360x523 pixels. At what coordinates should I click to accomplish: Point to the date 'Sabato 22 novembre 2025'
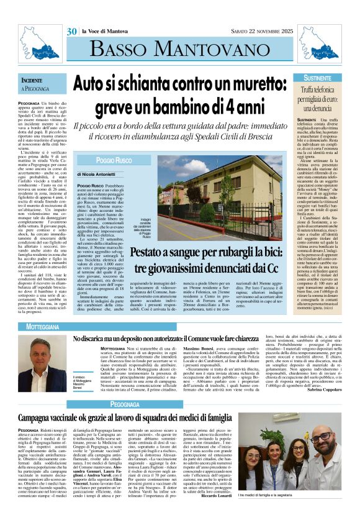[254, 31]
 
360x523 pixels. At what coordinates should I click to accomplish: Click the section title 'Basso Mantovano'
[179, 54]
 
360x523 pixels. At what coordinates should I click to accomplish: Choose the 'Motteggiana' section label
[43, 326]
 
